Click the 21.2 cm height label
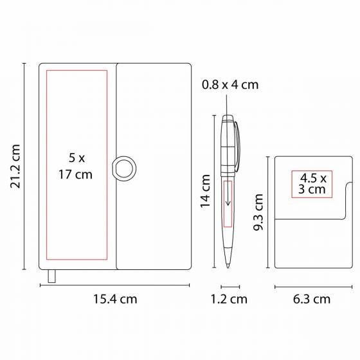click(15, 166)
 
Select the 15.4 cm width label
click(115, 299)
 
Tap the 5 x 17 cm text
click(76, 166)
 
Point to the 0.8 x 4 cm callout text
click(230, 84)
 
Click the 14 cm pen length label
click(205, 191)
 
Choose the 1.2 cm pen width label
click(229, 299)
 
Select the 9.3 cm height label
click(258, 212)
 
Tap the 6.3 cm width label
click(312, 299)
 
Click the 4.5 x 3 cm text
click(312, 184)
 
